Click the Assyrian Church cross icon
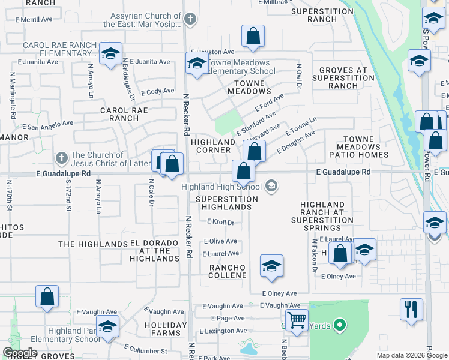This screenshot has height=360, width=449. pyautogui.click(x=190, y=19)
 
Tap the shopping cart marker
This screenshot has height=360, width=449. pyautogui.click(x=296, y=320)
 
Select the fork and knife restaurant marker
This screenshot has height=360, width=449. pyautogui.click(x=411, y=309)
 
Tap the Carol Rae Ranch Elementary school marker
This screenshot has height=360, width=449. pyautogui.click(x=110, y=54)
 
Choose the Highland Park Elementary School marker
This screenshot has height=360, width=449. pyautogui.click(x=108, y=326)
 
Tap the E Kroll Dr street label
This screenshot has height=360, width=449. pyautogui.click(x=220, y=222)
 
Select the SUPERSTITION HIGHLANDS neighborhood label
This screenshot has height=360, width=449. pyautogui.click(x=226, y=203)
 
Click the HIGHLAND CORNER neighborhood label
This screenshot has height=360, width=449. pyautogui.click(x=212, y=146)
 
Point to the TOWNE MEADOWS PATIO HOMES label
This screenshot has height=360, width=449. pyautogui.click(x=359, y=147)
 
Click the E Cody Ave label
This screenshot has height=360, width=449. pyautogui.click(x=157, y=92)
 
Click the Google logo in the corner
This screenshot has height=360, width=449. pyautogui.click(x=20, y=353)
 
